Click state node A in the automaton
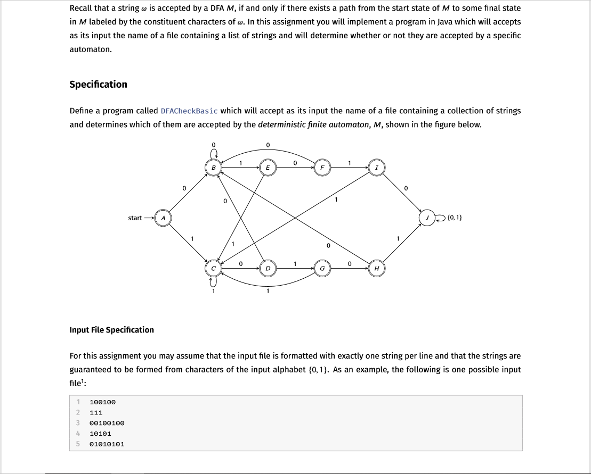(x=163, y=218)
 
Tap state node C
(x=214, y=268)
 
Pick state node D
(x=268, y=268)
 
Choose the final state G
(x=322, y=268)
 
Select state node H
(x=377, y=268)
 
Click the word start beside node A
(x=135, y=218)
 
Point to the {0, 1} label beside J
(x=455, y=218)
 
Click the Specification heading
(x=99, y=85)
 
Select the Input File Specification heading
(x=112, y=330)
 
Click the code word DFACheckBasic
(x=189, y=111)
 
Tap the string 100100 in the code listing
(x=103, y=402)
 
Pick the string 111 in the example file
(x=96, y=412)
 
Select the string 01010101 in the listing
(x=107, y=444)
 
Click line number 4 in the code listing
(x=78, y=433)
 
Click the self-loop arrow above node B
(x=213, y=154)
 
